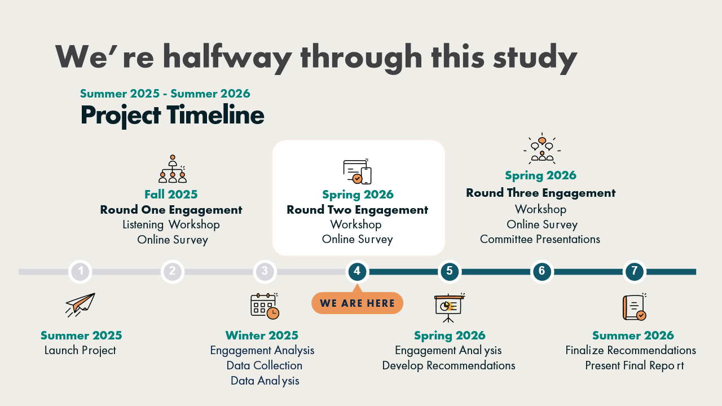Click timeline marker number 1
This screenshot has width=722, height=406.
[80, 272]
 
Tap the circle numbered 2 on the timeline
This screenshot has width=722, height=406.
[173, 272]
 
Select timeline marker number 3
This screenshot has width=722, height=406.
[265, 272]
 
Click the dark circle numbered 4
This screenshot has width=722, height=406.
[357, 272]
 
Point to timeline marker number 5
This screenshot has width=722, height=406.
[450, 272]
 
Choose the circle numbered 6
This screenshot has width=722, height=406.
[542, 272]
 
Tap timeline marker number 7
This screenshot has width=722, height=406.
[635, 272]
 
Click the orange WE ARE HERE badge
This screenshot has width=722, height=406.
[357, 303]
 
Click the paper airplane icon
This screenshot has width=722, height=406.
[80, 305]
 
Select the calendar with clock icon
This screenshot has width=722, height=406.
[265, 306]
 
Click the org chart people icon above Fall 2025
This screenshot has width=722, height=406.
[173, 169]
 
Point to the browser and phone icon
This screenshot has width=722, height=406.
[357, 171]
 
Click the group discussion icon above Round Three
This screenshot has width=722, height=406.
[542, 148]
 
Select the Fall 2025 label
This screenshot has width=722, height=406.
[171, 195]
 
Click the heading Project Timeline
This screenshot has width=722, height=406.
[172, 116]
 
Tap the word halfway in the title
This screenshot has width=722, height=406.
[227, 58]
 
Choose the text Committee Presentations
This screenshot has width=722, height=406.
[540, 240]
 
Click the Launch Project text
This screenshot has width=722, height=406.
[80, 351]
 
